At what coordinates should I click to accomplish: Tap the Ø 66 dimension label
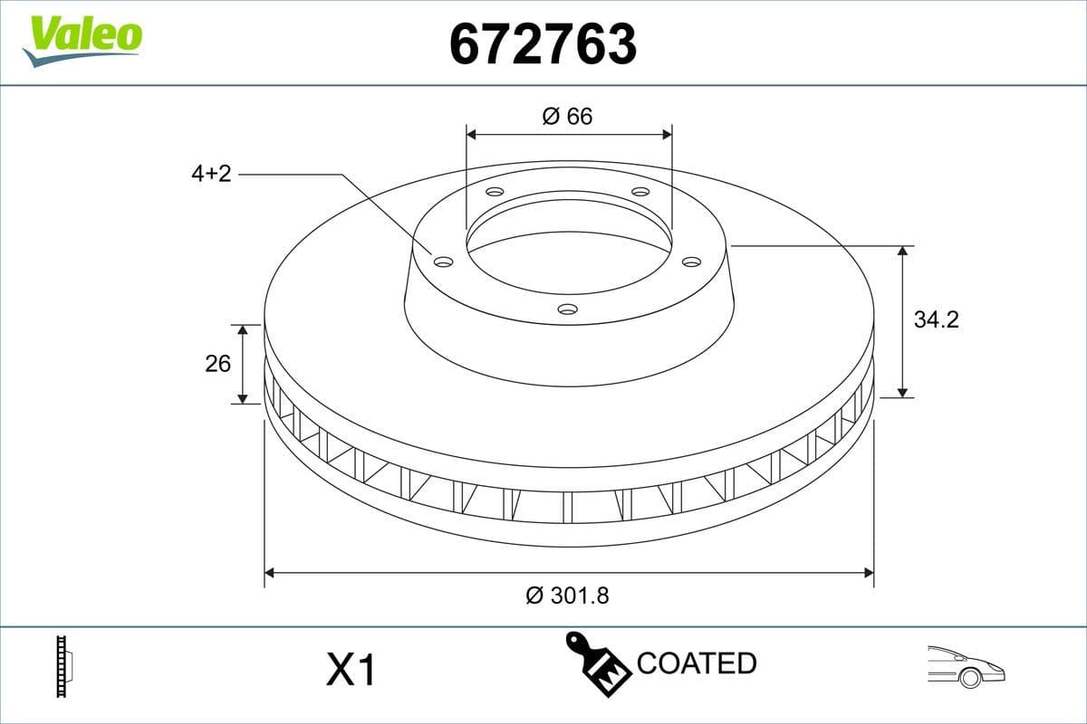click(x=567, y=116)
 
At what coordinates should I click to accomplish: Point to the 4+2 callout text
click(x=211, y=174)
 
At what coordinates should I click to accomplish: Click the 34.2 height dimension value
click(x=936, y=319)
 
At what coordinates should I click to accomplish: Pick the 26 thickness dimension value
click(x=217, y=363)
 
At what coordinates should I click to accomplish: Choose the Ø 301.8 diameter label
click(x=567, y=595)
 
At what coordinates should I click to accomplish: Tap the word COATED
click(x=696, y=663)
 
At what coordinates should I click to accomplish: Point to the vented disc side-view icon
click(x=63, y=666)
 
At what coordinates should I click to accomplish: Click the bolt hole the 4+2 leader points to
click(x=443, y=262)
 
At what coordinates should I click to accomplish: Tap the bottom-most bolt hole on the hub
click(x=567, y=310)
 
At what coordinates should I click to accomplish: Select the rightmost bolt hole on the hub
click(x=691, y=262)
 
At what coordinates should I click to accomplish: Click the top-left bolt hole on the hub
click(x=494, y=192)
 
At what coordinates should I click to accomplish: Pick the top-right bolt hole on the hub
click(x=640, y=192)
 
